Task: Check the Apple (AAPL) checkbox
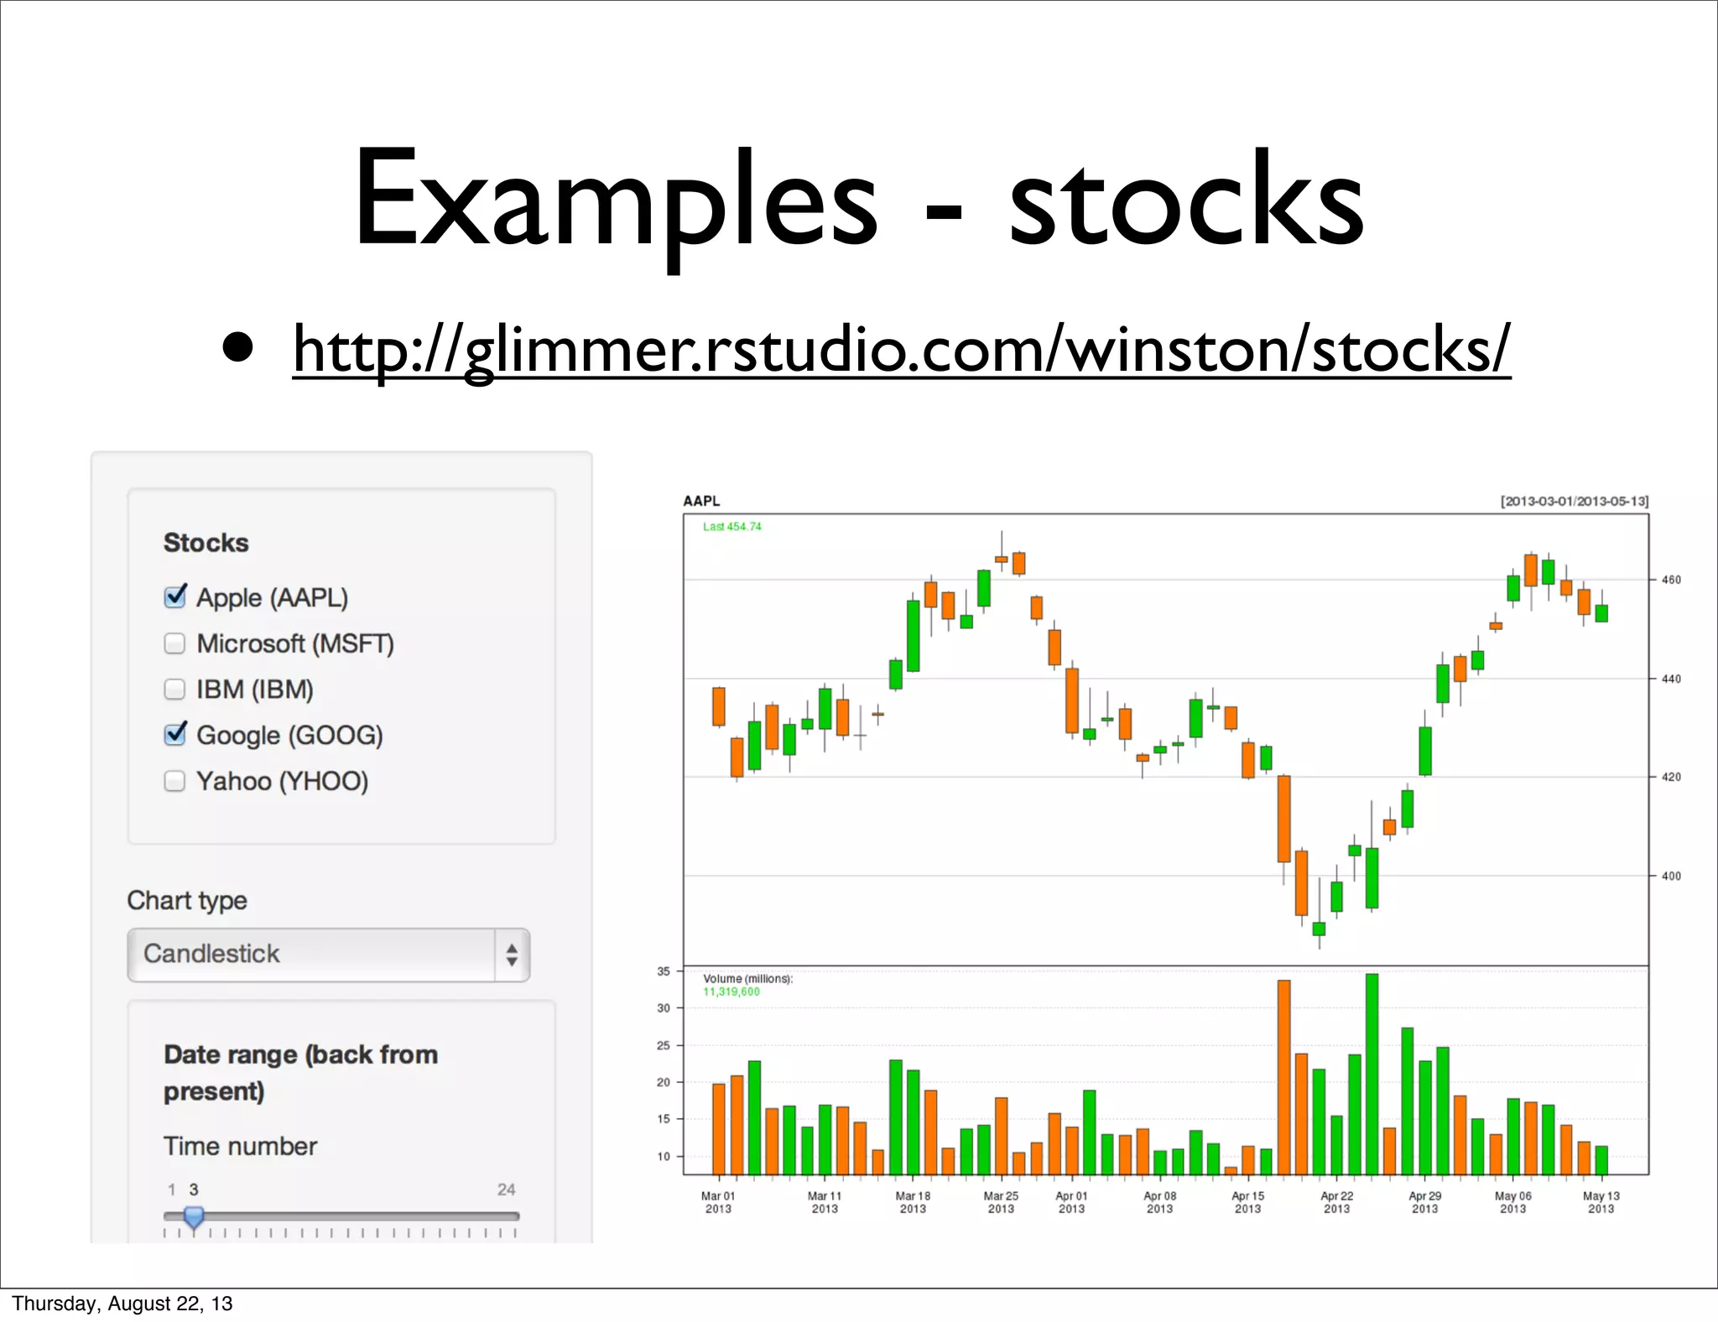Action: click(x=174, y=597)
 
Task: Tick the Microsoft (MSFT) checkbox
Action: click(x=174, y=643)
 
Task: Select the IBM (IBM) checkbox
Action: click(x=174, y=690)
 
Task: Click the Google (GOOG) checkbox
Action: click(x=174, y=735)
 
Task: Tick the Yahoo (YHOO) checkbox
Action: click(x=174, y=781)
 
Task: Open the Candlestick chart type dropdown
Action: click(x=329, y=955)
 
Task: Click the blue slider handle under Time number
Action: click(x=194, y=1217)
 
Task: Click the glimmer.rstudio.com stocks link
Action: click(x=901, y=349)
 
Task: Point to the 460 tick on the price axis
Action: click(x=1671, y=580)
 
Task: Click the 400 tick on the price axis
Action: click(x=1671, y=876)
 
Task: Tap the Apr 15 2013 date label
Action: click(x=1247, y=1202)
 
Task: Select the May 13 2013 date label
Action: click(x=1601, y=1202)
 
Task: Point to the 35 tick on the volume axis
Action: click(x=664, y=971)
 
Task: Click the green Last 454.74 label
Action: click(x=732, y=527)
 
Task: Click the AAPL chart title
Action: click(x=701, y=501)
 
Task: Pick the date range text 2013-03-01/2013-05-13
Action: click(x=1575, y=501)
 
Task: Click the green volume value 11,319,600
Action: click(x=731, y=991)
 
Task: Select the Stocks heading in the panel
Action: click(x=206, y=543)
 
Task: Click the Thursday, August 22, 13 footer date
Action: click(x=122, y=1304)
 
